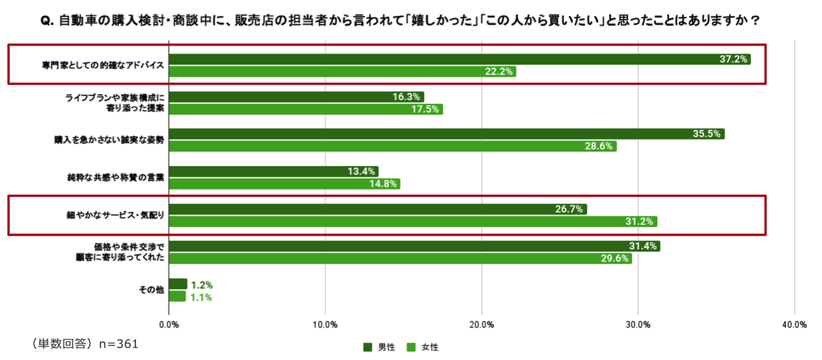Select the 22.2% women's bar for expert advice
coord(342,71)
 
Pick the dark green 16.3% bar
coord(296,97)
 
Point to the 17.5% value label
coord(425,109)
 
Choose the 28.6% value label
coord(599,146)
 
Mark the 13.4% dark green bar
coord(273,172)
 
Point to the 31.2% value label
coord(639,221)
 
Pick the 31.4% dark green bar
coord(414,246)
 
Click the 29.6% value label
coord(615,258)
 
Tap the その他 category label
coord(151,290)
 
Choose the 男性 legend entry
coord(376,347)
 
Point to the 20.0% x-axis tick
coord(481,325)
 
